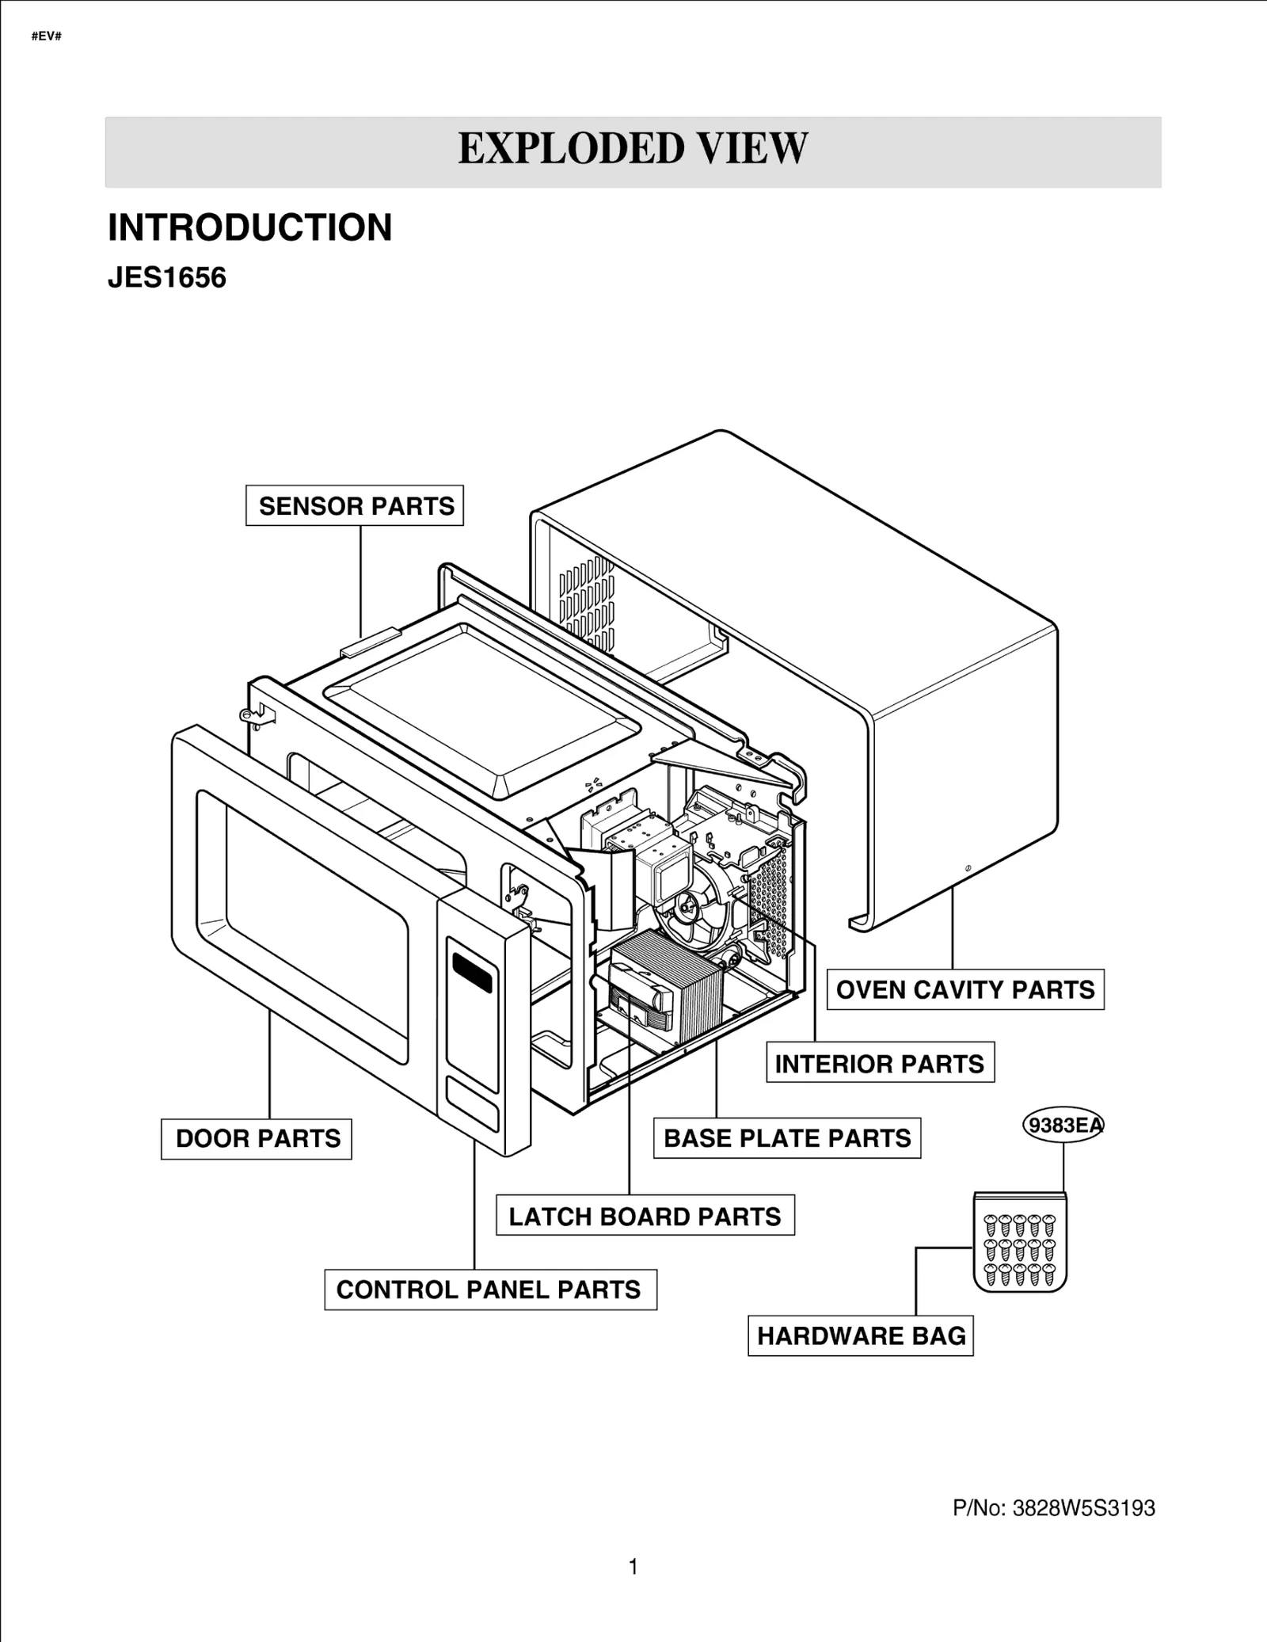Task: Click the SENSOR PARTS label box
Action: point(355,505)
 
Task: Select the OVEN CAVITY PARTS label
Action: point(965,989)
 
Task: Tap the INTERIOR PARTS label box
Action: point(880,1063)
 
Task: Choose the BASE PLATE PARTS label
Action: point(787,1138)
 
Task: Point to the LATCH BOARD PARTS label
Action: point(645,1216)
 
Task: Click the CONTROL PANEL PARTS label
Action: point(489,1290)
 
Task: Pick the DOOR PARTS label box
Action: point(257,1139)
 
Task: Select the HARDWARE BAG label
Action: point(861,1336)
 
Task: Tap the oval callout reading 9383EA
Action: point(1063,1125)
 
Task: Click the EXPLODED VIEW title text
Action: point(633,149)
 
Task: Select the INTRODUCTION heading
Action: point(249,227)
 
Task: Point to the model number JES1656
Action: point(166,278)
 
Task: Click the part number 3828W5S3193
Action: point(1083,1508)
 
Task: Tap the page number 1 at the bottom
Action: point(633,1567)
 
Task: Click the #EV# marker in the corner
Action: point(46,36)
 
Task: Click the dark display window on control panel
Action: point(473,972)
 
